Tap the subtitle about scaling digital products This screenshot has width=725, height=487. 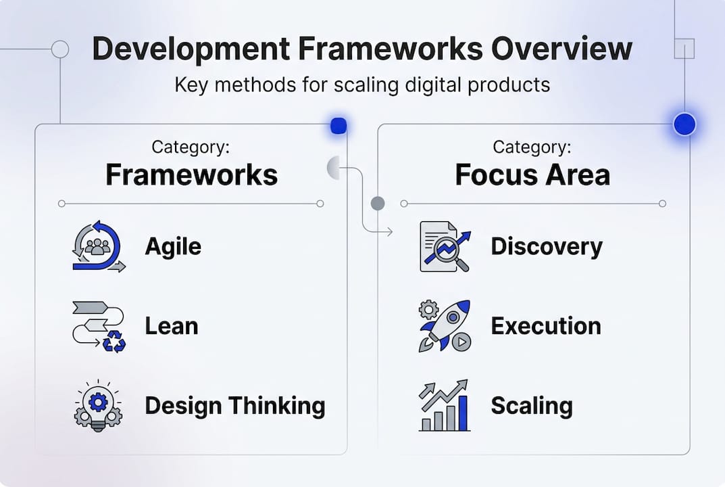pyautogui.click(x=362, y=85)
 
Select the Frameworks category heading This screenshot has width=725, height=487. pyautogui.click(x=191, y=175)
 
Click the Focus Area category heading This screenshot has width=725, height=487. pyautogui.click(x=532, y=175)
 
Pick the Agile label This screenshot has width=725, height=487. pyautogui.click(x=173, y=246)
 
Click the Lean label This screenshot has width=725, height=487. pyautogui.click(x=172, y=326)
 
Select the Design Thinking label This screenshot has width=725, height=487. pyautogui.click(x=234, y=406)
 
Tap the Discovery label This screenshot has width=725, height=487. pyautogui.click(x=546, y=246)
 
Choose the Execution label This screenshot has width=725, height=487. pyautogui.click(x=545, y=326)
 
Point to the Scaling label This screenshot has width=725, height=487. pyautogui.click(x=531, y=406)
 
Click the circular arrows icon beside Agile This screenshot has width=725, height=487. pyautogui.click(x=98, y=246)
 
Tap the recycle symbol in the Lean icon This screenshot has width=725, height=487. pyautogui.click(x=114, y=342)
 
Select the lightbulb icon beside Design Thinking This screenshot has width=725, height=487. pyautogui.click(x=98, y=404)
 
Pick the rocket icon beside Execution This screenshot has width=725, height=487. pyautogui.click(x=443, y=325)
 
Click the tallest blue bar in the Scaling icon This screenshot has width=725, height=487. pyautogui.click(x=462, y=413)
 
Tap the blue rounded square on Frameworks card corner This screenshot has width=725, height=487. pyautogui.click(x=339, y=125)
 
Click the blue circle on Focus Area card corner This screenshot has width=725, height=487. pyautogui.click(x=684, y=124)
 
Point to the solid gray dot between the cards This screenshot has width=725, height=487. pyautogui.click(x=378, y=203)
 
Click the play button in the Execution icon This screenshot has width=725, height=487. pyautogui.click(x=461, y=342)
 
